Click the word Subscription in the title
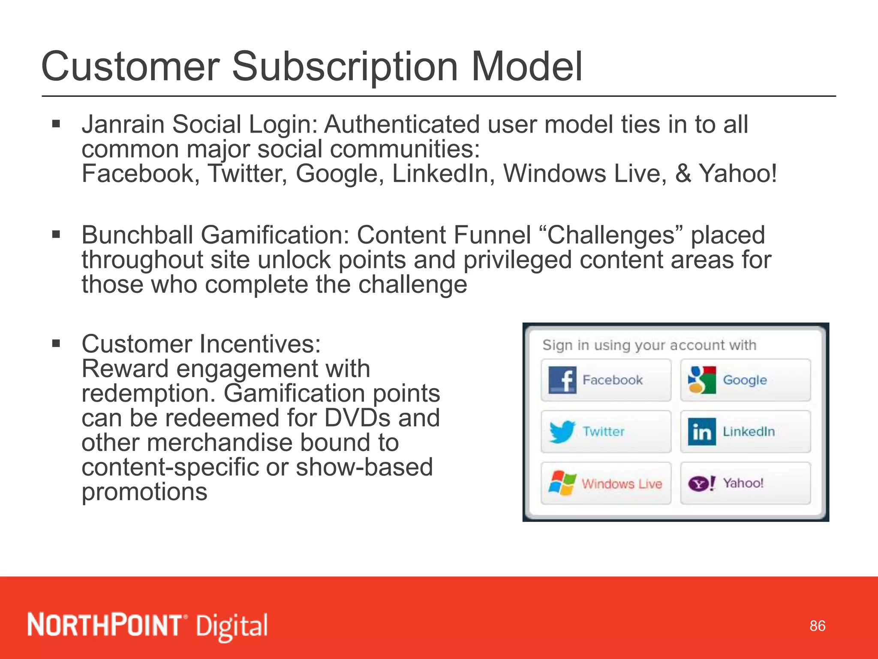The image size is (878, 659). pos(345,67)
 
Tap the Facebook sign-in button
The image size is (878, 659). pos(606,380)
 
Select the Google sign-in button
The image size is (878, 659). pos(745,380)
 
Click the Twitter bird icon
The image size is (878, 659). pos(562,432)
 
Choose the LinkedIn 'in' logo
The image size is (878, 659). pos(702,432)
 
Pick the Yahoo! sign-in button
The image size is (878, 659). pos(745,483)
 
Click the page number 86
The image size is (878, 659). pos(817,626)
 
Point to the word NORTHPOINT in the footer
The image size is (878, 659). pos(105,625)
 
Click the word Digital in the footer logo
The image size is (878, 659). pos(232,626)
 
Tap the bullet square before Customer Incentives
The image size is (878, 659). pos(56,343)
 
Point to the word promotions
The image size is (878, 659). pos(144,492)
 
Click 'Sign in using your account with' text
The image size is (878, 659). pos(649,345)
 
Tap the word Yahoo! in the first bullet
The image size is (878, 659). pos(737,174)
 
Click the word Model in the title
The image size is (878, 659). pos(527,67)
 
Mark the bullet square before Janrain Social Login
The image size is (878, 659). pos(56,124)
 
